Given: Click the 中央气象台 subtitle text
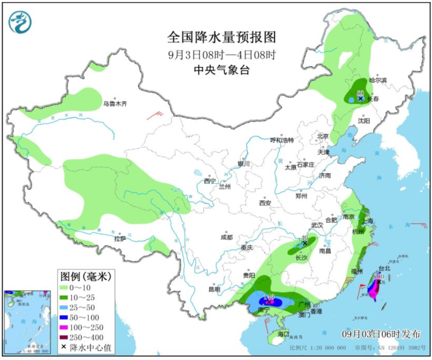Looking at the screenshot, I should tap(221, 70).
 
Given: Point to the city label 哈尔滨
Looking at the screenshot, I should tap(378, 80).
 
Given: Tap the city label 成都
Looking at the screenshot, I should tap(226, 237).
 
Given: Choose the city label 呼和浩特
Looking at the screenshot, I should tap(282, 140).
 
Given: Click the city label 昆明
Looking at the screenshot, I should tap(214, 289).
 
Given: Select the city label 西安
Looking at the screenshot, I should tap(265, 203).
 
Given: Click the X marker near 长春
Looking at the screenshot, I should tap(360, 98).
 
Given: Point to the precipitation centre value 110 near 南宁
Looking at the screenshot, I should tap(269, 297).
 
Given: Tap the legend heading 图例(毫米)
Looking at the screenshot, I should tap(85, 276).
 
